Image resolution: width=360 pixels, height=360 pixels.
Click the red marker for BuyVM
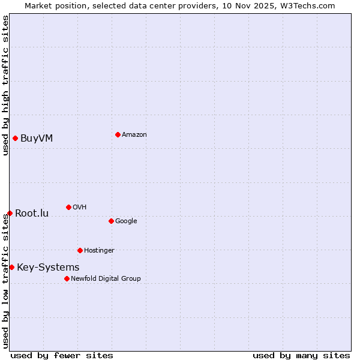click(x=15, y=138)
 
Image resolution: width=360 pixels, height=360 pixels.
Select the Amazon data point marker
click(x=118, y=134)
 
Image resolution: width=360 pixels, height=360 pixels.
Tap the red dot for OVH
click(x=68, y=207)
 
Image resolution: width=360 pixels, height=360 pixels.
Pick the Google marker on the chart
click(x=111, y=221)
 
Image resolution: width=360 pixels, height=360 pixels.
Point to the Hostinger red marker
click(x=80, y=250)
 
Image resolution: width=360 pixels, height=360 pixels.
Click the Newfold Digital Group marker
click(x=67, y=278)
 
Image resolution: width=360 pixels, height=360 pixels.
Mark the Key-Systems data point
click(x=11, y=267)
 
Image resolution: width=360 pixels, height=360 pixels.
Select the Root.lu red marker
click(x=10, y=213)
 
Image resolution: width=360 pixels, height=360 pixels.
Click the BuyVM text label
click(x=37, y=139)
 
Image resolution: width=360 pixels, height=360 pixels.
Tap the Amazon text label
click(x=134, y=135)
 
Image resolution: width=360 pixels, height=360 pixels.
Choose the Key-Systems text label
click(x=48, y=268)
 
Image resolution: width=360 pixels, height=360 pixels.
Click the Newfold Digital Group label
click(x=106, y=278)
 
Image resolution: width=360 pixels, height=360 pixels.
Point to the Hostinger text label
click(x=99, y=251)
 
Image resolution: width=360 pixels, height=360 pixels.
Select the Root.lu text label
click(x=32, y=214)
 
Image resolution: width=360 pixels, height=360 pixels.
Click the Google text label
click(x=126, y=221)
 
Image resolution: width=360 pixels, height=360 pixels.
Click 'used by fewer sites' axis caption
click(x=62, y=355)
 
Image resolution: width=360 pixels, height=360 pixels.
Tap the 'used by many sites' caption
click(x=301, y=355)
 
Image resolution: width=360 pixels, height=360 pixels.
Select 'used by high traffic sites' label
click(x=5, y=85)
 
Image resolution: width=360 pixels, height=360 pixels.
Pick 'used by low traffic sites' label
click(x=5, y=281)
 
